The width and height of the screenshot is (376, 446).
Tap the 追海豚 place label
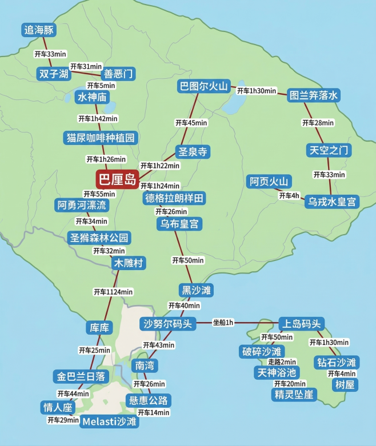[x=39, y=30]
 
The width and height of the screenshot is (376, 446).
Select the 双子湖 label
[x=53, y=74]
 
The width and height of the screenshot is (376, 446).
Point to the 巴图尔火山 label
[x=204, y=87]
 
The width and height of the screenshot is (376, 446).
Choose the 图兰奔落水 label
[x=314, y=95]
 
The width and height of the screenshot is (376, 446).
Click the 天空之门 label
[x=329, y=150]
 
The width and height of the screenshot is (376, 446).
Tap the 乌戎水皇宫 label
[x=331, y=202]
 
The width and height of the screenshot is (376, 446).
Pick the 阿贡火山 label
[x=269, y=182]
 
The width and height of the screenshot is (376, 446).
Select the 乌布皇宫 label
[x=179, y=224]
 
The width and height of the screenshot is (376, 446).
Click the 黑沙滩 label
[x=196, y=290]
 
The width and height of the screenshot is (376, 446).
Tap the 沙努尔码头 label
[x=168, y=324]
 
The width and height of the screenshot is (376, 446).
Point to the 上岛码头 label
[x=301, y=323]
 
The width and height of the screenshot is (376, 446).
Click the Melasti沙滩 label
[x=109, y=421]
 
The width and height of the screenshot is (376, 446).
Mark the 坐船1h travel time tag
[x=223, y=323]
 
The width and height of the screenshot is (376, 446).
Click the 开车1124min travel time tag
[x=113, y=292]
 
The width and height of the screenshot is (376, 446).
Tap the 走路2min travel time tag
[x=282, y=361]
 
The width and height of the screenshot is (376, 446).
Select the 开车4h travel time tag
[x=289, y=196]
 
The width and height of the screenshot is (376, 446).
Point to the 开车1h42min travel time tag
[x=98, y=118]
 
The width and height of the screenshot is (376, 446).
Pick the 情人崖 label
[x=58, y=407]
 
